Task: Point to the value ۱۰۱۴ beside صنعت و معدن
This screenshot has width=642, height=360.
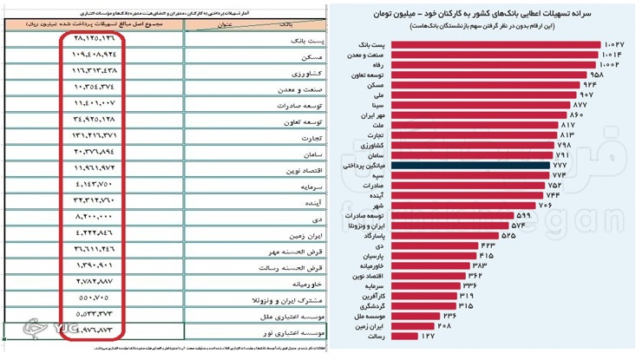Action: (611, 55)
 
